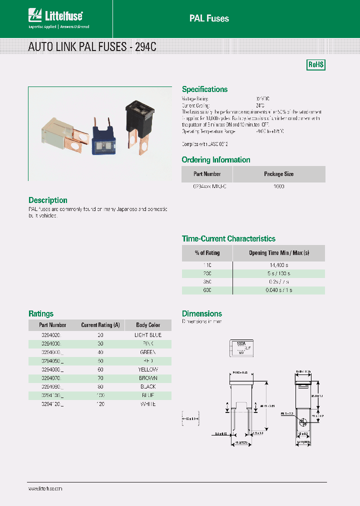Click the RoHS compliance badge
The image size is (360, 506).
pyautogui.click(x=316, y=65)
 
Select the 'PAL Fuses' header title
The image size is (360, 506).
pyautogui.click(x=209, y=18)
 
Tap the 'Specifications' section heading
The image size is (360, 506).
pyautogui.click(x=204, y=89)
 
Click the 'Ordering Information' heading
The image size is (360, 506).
pyautogui.click(x=216, y=160)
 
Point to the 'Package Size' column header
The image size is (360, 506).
pyautogui.click(x=278, y=174)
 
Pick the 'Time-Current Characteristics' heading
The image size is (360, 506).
pyautogui.click(x=228, y=239)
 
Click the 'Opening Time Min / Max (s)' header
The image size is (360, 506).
pyautogui.click(x=278, y=253)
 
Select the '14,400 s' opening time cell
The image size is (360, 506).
pyautogui.click(x=278, y=265)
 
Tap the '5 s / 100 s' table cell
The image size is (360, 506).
pyautogui.click(x=278, y=273)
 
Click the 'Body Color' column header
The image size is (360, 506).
pyautogui.click(x=148, y=325)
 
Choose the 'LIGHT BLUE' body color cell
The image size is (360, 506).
pyautogui.click(x=148, y=334)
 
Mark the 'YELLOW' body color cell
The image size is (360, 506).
pyautogui.click(x=148, y=369)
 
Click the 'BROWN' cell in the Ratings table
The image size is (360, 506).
pyautogui.click(x=148, y=378)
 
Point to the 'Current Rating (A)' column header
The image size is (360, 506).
pyautogui.click(x=100, y=325)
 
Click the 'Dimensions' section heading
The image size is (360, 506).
pyautogui.click(x=201, y=314)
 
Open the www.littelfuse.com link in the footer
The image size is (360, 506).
pyautogui.click(x=45, y=488)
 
